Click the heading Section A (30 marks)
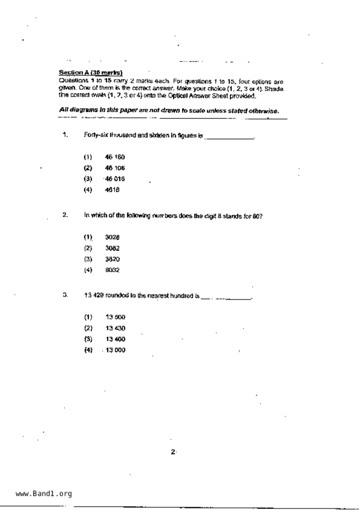[91, 72]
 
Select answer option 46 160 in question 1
[115, 157]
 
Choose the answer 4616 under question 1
[112, 190]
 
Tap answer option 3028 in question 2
[112, 238]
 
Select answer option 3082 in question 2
[112, 248]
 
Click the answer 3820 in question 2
[112, 259]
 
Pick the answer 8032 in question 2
[112, 270]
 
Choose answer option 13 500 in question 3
[115, 317]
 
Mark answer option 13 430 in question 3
[115, 328]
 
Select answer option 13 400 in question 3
[115, 339]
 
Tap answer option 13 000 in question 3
[115, 350]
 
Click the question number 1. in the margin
[65, 135]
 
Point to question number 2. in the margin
[65, 215]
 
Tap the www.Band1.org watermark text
[44, 494]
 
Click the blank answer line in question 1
[229, 138]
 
